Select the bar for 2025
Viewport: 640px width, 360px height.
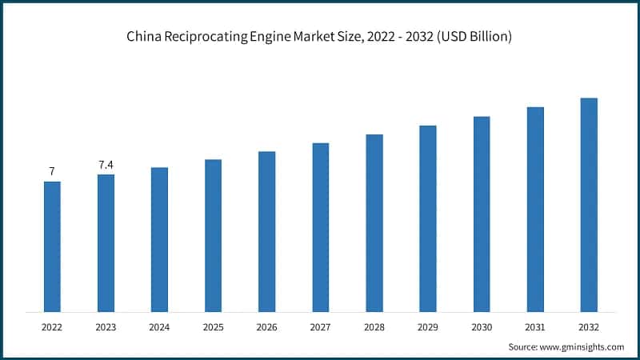tap(213, 235)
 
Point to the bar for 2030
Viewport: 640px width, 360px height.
tap(482, 214)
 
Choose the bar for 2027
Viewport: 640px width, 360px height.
tap(321, 227)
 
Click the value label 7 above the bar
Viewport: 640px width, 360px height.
tap(52, 171)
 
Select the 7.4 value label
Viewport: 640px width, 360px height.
tap(106, 165)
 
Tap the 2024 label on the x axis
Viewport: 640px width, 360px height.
tap(159, 327)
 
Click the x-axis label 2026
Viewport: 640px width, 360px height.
tap(266, 327)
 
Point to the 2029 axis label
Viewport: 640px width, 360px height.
tap(428, 327)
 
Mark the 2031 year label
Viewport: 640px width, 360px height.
tap(535, 327)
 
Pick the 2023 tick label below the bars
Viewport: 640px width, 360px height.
tap(106, 327)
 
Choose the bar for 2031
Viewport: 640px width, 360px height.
tap(535, 209)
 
